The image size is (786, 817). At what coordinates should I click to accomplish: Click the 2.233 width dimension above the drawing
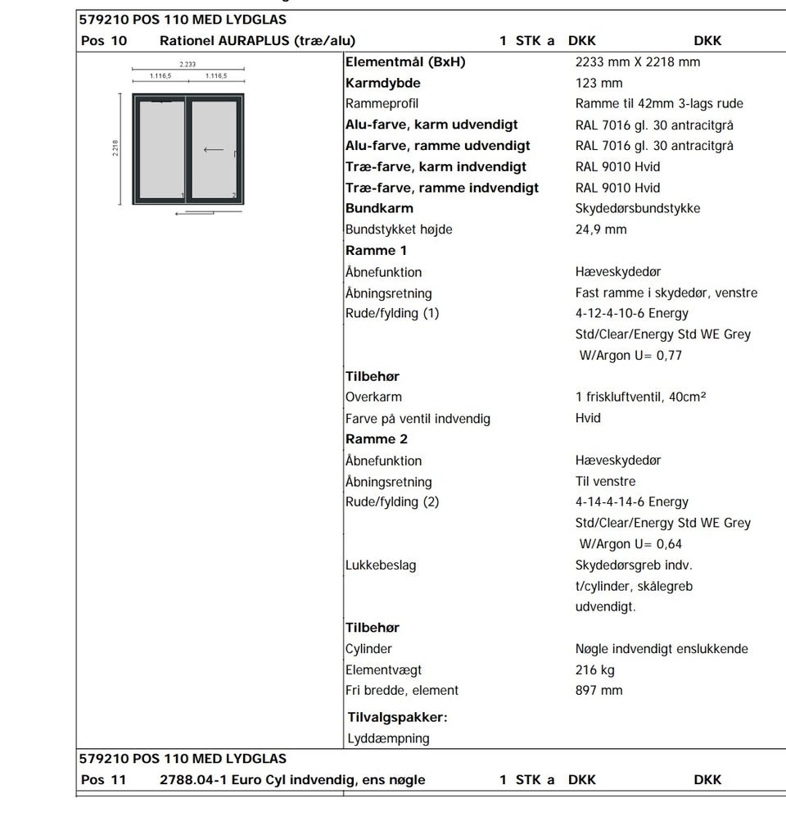[187, 63]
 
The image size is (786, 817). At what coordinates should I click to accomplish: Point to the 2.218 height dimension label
[116, 148]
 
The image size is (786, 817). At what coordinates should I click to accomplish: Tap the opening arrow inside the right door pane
[213, 149]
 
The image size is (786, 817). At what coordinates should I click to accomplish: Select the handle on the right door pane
[235, 153]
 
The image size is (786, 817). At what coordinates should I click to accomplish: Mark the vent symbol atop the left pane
[161, 102]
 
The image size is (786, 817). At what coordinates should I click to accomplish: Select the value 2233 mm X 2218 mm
[637, 61]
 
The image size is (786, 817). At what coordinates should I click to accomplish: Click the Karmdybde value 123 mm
[599, 83]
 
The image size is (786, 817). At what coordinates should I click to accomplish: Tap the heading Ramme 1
[376, 250]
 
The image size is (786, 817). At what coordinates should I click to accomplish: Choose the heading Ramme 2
[376, 439]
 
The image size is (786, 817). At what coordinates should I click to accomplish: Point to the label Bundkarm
[379, 208]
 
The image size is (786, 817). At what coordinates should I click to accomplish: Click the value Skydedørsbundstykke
[638, 208]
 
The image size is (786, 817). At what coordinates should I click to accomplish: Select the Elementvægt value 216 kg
[594, 669]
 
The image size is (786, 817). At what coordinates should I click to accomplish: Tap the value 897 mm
[599, 690]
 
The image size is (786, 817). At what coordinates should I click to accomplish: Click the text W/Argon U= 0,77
[630, 356]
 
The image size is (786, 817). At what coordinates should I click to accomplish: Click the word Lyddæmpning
[388, 738]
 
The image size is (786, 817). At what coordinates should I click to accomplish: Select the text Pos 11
[103, 779]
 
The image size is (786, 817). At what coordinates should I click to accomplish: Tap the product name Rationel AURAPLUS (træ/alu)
[257, 40]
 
